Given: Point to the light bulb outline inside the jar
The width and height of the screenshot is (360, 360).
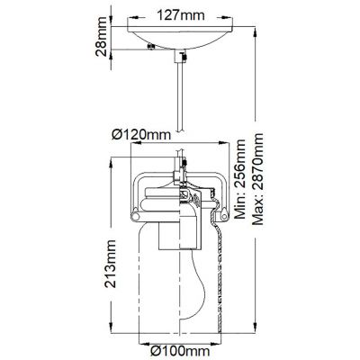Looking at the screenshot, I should pyautogui.click(x=193, y=288).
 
